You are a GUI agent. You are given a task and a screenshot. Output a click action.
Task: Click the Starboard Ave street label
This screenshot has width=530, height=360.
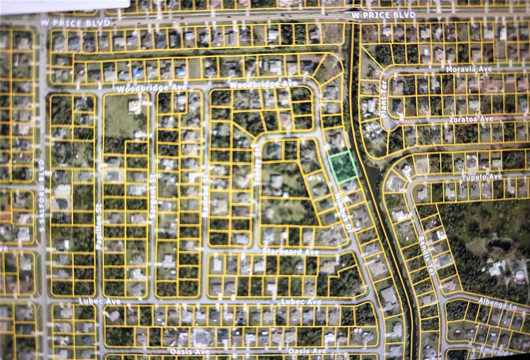(291, 252)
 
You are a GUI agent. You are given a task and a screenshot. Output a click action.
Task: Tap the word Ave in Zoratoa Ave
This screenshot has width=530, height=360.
(486, 119)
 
